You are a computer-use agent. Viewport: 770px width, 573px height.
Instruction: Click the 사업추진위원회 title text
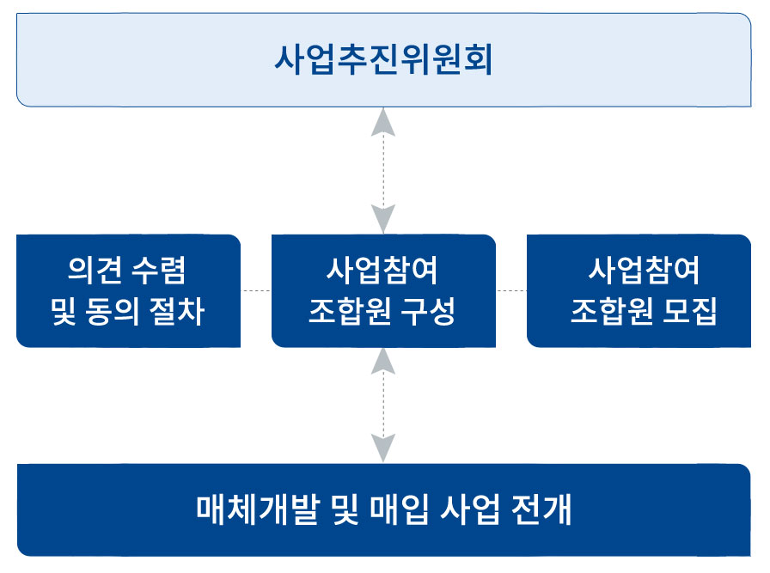point(383,60)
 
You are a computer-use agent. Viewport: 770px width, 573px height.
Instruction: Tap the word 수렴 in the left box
point(159,270)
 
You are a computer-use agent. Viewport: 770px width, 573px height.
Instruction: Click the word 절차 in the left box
point(177,311)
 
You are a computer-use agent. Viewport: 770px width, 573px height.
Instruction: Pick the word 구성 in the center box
point(428,311)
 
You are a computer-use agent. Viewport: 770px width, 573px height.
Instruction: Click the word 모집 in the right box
point(689,311)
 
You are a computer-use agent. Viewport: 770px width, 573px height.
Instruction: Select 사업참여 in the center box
point(382,270)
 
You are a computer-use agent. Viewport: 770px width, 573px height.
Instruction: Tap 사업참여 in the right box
point(644,270)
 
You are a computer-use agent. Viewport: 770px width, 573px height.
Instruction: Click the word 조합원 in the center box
point(350,311)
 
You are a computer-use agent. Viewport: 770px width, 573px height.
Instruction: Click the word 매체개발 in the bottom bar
point(259,509)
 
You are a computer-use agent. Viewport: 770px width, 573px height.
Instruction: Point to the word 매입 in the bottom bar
point(399,509)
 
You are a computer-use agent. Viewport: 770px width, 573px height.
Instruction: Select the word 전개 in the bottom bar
point(541,509)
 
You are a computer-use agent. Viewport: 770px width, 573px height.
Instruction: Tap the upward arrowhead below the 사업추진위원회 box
point(383,122)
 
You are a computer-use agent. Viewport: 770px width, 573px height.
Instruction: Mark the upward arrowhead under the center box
point(383,362)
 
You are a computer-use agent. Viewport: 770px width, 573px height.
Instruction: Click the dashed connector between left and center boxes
point(256,291)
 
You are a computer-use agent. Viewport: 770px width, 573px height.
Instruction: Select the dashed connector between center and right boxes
point(511,291)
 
